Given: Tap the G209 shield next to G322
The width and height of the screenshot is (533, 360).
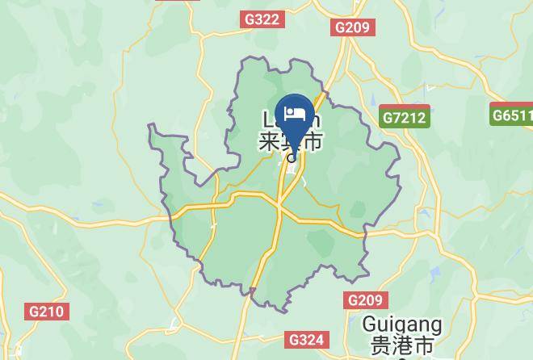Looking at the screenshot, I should coord(351,27).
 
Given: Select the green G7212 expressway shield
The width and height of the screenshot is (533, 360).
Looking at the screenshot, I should coord(405,118).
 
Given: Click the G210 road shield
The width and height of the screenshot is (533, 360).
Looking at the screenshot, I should coord(48,311).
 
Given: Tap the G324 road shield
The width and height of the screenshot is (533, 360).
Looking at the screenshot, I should coord(308,340).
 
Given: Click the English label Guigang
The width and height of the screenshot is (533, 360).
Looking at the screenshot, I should coord(402,325).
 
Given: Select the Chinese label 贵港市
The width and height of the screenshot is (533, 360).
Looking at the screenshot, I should coord(402,346).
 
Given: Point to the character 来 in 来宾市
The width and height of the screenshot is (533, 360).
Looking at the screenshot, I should coord(269,143).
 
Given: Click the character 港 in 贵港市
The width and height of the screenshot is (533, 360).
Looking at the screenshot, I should coord(402,346).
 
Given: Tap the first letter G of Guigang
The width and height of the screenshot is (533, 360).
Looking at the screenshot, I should coord(369,325).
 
